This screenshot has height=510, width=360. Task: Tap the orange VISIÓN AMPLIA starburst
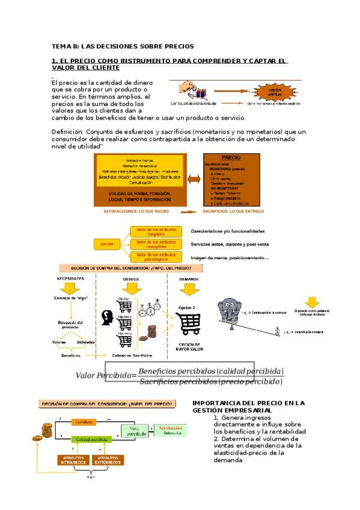point(266,92)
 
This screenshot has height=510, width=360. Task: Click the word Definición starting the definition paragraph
point(67,132)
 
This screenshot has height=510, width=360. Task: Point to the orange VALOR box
point(107,245)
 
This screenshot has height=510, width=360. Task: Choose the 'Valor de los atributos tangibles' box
point(156,232)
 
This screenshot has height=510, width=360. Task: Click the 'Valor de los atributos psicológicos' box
point(156,258)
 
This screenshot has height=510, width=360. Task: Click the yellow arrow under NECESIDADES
point(71,289)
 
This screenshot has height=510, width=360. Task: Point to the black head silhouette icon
point(109,317)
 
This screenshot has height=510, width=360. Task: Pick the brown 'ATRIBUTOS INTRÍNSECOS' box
point(72,460)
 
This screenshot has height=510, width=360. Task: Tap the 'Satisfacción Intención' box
point(171,431)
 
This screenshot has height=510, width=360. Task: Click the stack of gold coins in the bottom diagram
point(46,429)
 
